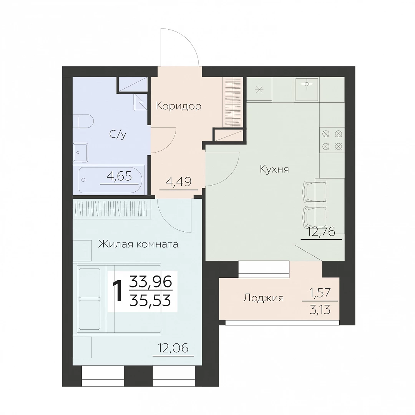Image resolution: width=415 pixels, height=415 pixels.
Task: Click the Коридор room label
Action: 179,106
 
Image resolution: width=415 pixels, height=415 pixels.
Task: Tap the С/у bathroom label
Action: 118,134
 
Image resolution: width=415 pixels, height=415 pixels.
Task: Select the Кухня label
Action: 274,169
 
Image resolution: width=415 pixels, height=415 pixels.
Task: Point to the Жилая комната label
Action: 138,244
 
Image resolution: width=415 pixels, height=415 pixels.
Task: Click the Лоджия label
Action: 263,298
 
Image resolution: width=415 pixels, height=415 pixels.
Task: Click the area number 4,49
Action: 179,182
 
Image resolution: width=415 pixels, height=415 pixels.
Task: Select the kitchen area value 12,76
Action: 321,232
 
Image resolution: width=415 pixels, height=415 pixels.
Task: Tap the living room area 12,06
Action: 173,348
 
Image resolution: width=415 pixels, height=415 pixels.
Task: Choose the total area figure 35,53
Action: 150,301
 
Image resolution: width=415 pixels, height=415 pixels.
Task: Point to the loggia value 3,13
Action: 320,309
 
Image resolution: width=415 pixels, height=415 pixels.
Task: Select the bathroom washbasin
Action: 80,153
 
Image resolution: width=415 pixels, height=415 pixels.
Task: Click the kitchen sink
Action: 307,90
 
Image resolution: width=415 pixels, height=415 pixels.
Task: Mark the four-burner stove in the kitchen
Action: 332,140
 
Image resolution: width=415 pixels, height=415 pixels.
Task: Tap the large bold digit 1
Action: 118,291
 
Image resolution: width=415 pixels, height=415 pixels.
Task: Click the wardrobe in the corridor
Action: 233,101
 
